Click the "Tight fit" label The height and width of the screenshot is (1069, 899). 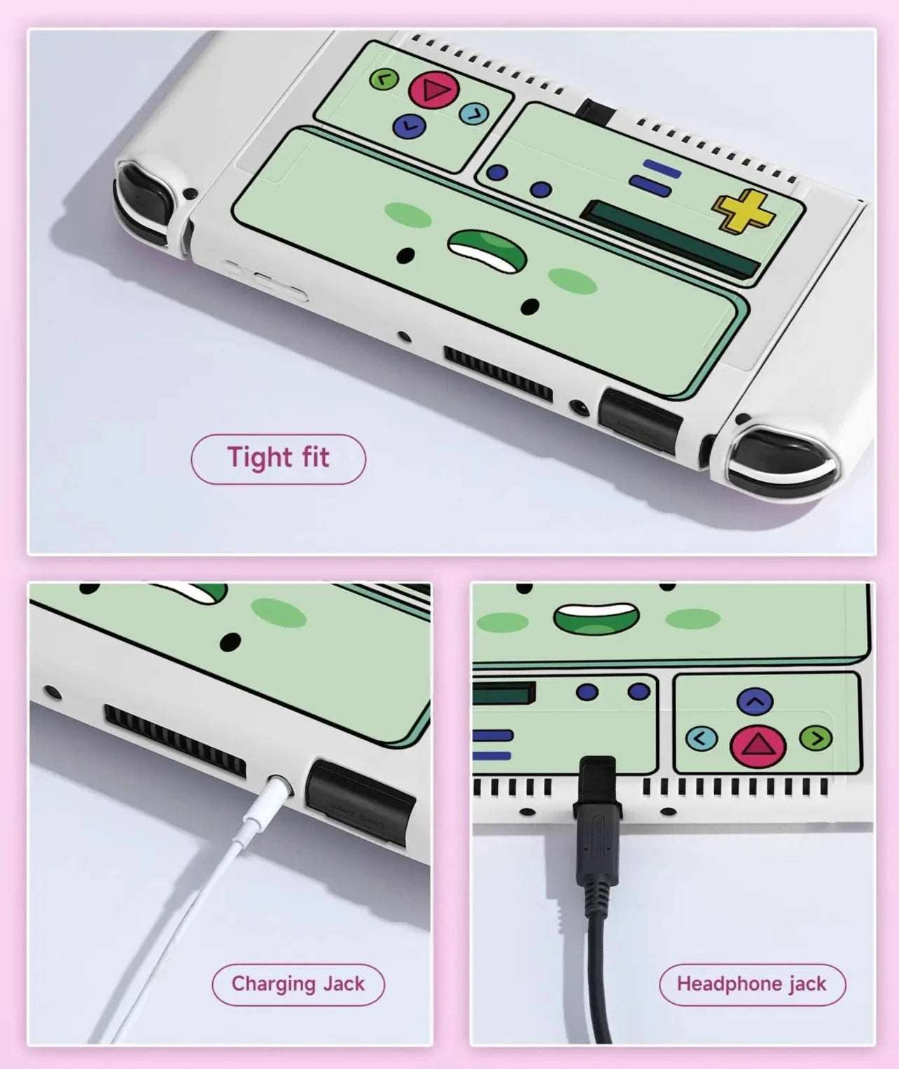tap(278, 458)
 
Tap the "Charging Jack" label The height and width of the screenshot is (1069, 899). tap(298, 984)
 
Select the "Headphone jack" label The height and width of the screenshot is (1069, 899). tap(752, 984)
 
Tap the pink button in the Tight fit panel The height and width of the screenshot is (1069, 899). tap(433, 90)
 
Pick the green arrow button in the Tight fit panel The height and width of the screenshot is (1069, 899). tap(383, 79)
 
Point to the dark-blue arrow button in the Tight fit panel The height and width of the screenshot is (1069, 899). tap(410, 126)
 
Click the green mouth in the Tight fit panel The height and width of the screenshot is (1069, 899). tap(487, 250)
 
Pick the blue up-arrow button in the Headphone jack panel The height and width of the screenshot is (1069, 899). tap(755, 701)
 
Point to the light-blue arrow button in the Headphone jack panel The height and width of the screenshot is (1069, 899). tap(702, 738)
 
